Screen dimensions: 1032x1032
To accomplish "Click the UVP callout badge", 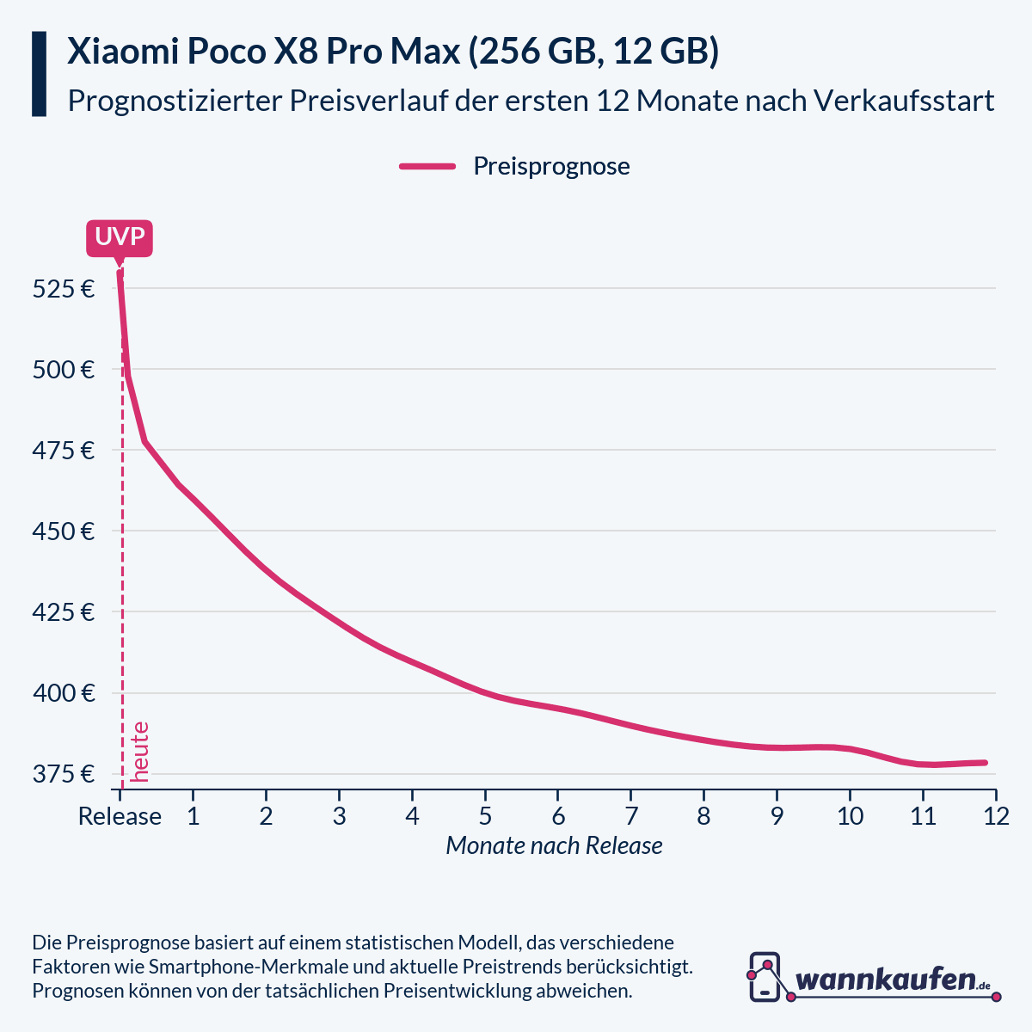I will pos(120,236).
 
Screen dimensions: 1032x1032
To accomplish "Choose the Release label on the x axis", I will pos(120,816).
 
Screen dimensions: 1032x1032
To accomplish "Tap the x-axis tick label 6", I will pos(558,816).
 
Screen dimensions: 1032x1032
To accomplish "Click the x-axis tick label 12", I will pos(996,816).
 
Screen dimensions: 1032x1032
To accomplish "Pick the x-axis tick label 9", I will pos(777,816).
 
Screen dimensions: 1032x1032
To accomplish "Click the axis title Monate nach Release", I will pos(554,845).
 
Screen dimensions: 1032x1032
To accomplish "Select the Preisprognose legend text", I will pos(551,166).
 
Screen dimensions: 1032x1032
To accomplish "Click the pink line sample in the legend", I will pos(427,166).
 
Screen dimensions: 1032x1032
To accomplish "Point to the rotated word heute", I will pos(140,752).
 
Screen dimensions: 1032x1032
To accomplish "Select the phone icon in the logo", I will pos(764,977).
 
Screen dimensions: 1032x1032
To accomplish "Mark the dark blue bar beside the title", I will pos(39,74).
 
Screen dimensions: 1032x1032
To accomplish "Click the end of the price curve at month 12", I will pos(985,763).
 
